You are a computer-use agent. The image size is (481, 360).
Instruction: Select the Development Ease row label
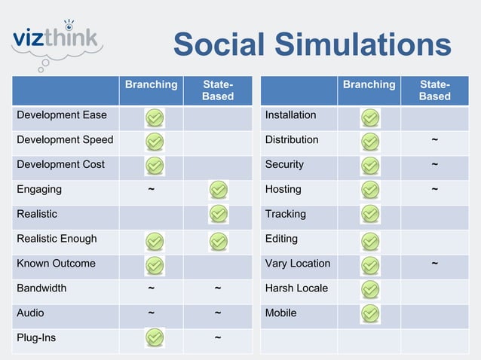62,115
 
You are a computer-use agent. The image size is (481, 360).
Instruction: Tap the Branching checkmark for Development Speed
154,142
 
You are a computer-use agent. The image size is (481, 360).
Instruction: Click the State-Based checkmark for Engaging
218,191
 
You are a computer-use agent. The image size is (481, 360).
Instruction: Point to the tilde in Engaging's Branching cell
152,190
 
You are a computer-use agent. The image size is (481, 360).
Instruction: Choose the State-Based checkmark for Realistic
218,215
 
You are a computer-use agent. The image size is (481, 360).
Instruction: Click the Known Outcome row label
57,264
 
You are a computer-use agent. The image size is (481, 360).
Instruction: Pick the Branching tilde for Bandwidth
152,288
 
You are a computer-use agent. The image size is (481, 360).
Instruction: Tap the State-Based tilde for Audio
218,313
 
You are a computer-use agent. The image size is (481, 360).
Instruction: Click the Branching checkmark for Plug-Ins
154,338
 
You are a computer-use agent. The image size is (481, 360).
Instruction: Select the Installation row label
291,115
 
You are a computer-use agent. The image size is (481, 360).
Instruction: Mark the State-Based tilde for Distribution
435,140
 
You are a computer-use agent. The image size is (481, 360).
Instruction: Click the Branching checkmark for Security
370,166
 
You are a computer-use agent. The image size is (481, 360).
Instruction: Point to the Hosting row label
283,189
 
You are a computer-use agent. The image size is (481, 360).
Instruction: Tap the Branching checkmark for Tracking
370,215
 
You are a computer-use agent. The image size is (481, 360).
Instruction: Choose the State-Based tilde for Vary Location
435,264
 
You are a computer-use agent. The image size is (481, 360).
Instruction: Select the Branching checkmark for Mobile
370,313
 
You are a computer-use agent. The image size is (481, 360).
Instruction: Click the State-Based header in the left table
218,90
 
